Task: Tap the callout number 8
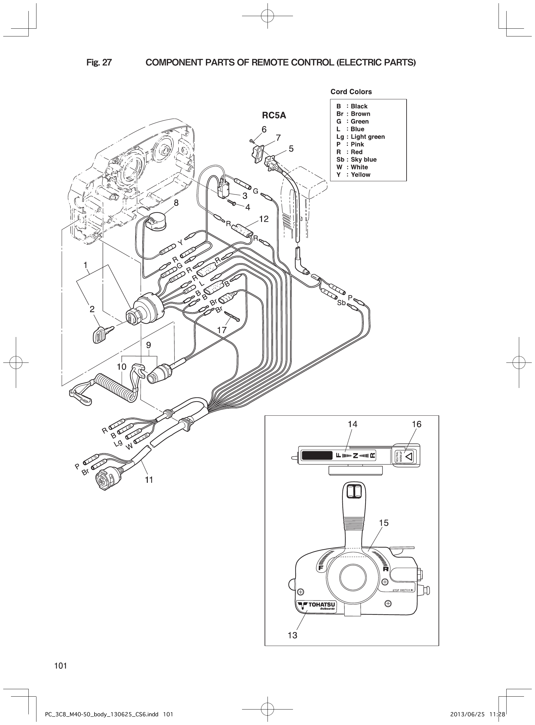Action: coord(176,203)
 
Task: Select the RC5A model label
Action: coord(274,115)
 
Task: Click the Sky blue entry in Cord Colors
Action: coord(356,160)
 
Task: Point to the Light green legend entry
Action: coord(360,137)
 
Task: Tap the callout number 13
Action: coord(292,635)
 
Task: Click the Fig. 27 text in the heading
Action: coord(99,63)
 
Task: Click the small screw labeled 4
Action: coord(233,203)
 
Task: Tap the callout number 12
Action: coord(264,219)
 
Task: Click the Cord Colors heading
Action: coord(351,92)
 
